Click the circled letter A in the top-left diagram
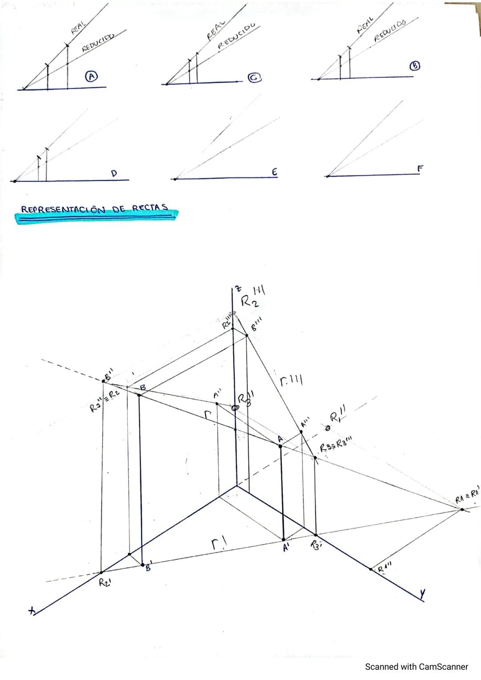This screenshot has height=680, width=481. pos(91,77)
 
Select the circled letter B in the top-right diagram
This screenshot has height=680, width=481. pos(415,66)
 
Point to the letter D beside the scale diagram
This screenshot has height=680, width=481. pos(114,174)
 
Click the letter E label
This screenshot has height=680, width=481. pos(274,172)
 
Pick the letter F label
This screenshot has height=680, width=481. pos(419,169)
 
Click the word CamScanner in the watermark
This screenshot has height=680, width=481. pos(443,667)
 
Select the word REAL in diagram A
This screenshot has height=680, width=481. pos(78,28)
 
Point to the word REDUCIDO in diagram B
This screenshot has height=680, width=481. pos(390,30)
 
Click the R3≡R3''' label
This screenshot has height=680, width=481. pos(336,445)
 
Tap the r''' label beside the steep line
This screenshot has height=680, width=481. pos(291,381)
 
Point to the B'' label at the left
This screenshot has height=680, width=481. pos(108,378)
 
